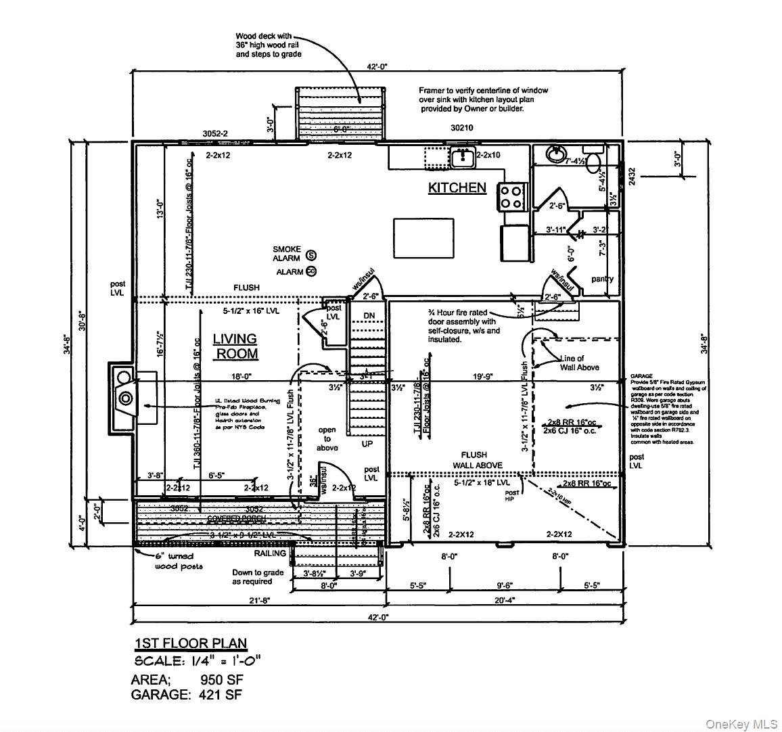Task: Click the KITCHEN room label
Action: click(457, 187)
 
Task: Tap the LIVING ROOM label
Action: click(235, 346)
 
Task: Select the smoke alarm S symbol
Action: click(311, 255)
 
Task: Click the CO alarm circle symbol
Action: click(311, 271)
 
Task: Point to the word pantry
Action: click(602, 279)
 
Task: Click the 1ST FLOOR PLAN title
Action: click(191, 643)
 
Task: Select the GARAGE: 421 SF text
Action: click(186, 694)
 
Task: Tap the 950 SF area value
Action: click(221, 679)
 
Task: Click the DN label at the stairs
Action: click(369, 316)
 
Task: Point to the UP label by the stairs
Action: click(367, 444)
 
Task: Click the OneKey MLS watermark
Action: click(741, 724)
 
